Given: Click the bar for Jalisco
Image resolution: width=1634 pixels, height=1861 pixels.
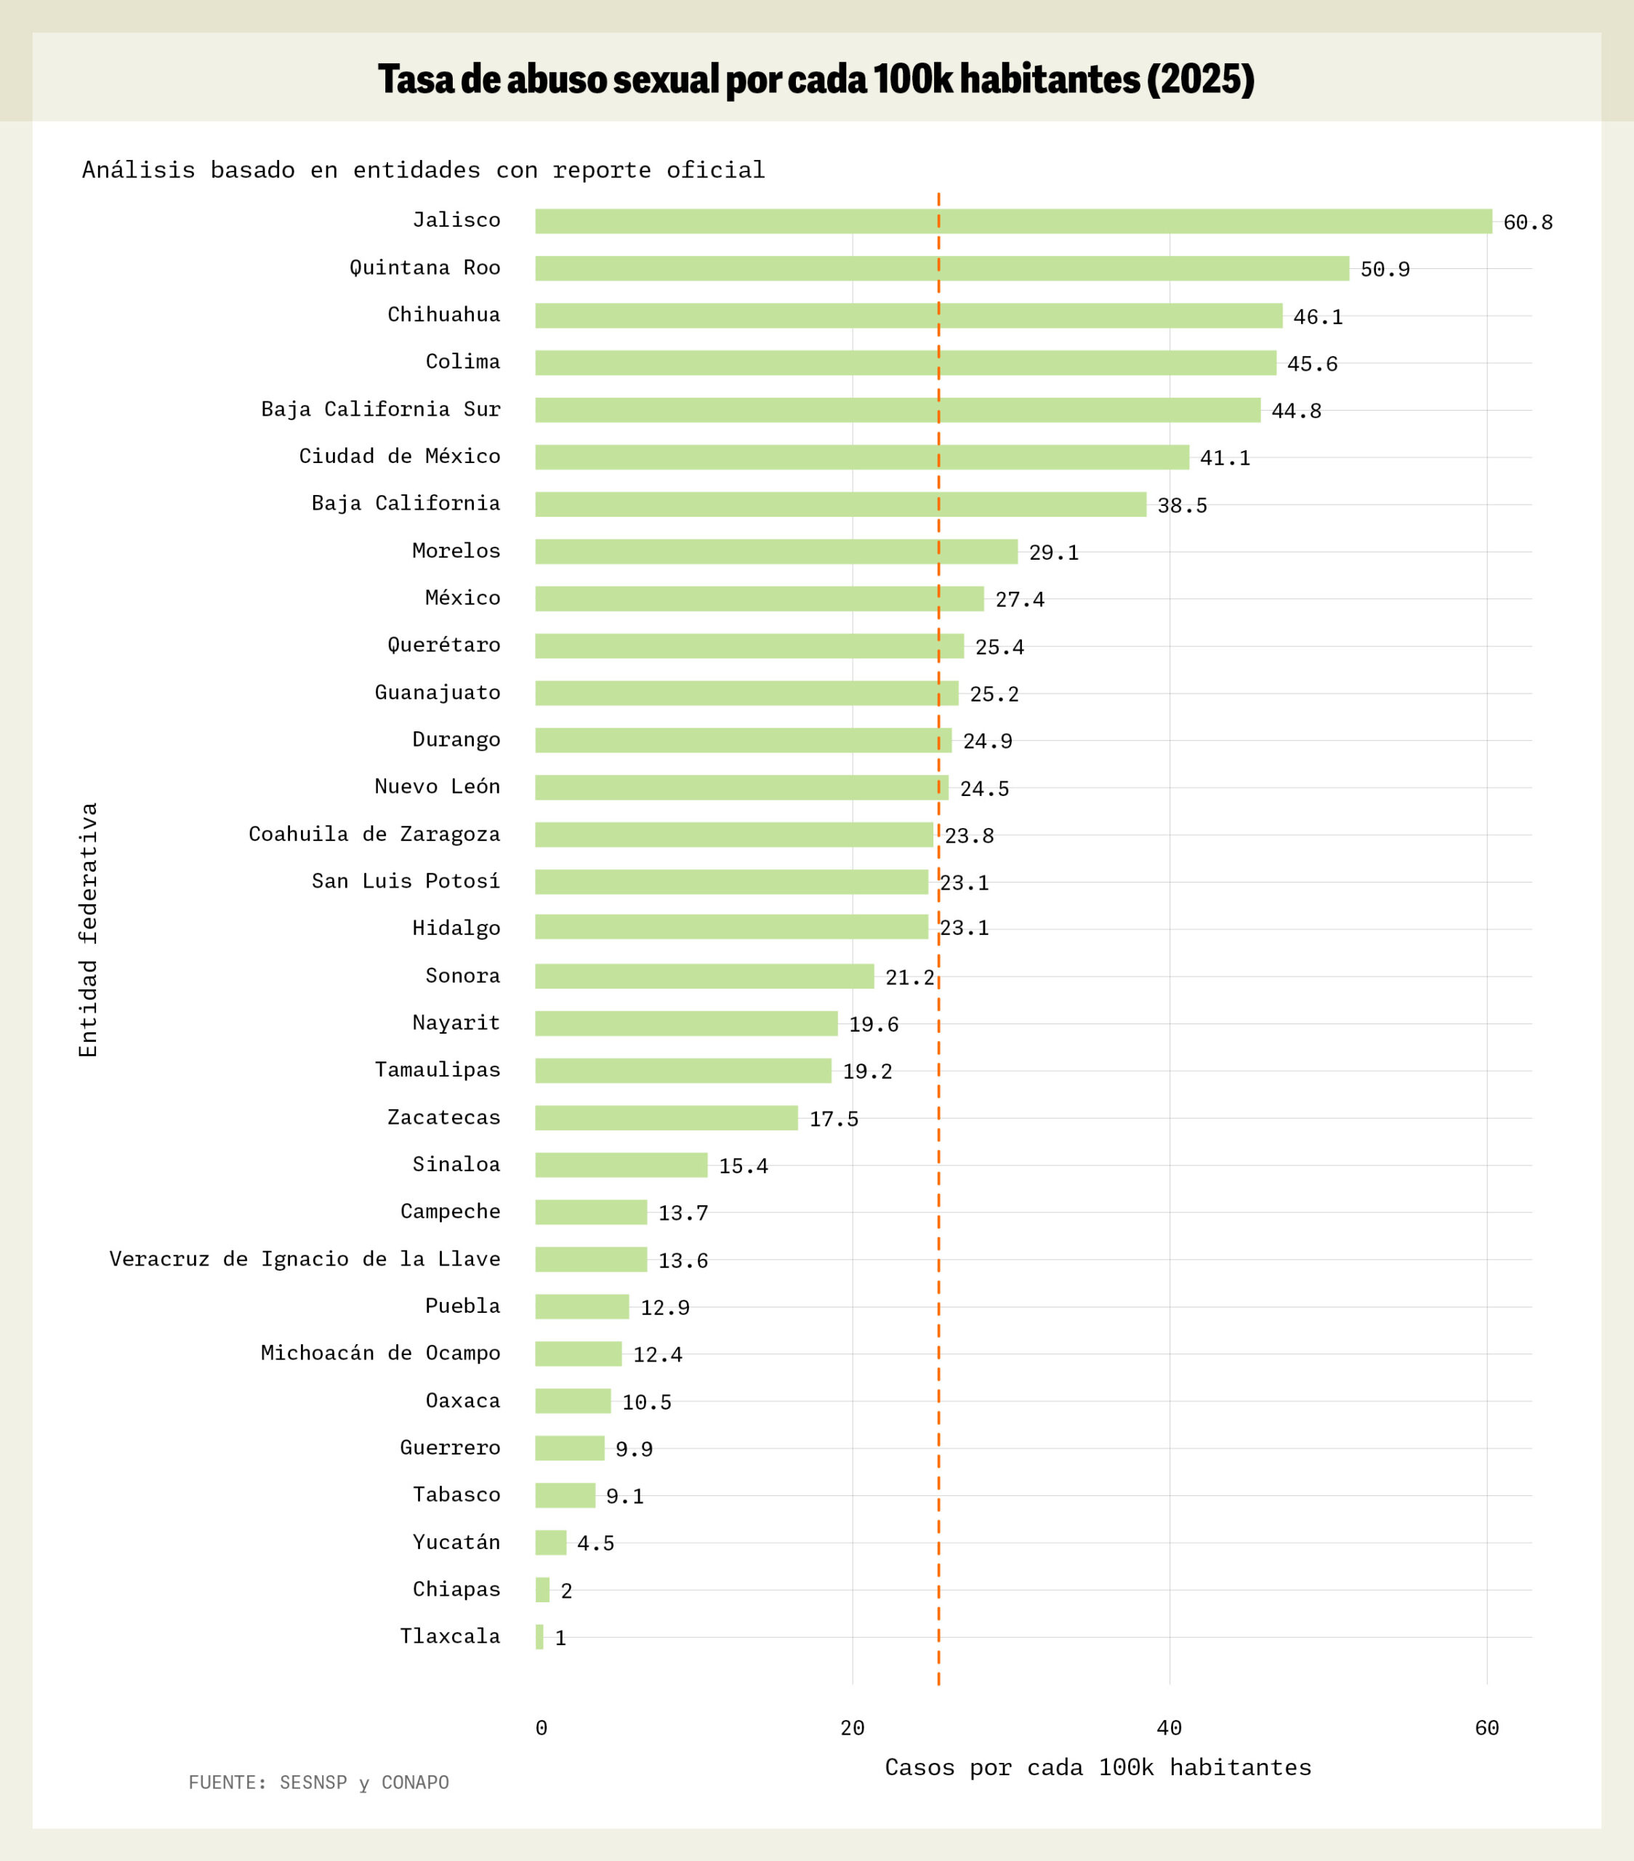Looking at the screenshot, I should [x=1013, y=221].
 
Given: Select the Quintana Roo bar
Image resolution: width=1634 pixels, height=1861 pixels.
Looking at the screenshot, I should [x=941, y=268].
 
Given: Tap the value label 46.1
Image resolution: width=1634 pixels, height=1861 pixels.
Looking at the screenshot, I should [x=1317, y=317].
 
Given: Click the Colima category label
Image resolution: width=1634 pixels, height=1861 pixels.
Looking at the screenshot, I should [x=462, y=361].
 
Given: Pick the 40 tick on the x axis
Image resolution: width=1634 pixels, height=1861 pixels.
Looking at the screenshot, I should [x=1169, y=1728].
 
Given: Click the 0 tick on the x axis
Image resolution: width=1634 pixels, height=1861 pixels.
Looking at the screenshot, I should [x=542, y=1728].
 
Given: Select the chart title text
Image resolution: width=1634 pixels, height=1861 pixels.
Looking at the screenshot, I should [x=816, y=79].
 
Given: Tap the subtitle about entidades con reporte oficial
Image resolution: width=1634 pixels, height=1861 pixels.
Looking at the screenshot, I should [x=423, y=170].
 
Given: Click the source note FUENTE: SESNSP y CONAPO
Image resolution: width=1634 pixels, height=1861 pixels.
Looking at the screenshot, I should [x=318, y=1782].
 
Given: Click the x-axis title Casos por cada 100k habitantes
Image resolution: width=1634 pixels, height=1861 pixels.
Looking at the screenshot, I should [x=1098, y=1767].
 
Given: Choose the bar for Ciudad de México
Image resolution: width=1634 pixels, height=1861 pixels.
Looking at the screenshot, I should [x=861, y=457].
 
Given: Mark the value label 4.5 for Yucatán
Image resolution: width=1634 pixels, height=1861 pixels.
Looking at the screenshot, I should [x=595, y=1543].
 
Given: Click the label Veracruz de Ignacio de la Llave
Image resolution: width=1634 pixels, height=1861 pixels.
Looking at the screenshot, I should [x=305, y=1259].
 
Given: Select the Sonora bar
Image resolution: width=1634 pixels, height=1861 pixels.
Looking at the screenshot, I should [x=704, y=976].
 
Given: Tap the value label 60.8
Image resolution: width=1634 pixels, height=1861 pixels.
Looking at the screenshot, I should [x=1527, y=222].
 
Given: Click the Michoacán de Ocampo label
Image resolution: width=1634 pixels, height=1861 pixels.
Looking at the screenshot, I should [x=380, y=1353].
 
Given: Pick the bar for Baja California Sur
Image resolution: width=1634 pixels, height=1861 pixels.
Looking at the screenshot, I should [x=898, y=410].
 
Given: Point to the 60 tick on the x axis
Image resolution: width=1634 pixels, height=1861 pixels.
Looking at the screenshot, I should [x=1486, y=1728].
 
